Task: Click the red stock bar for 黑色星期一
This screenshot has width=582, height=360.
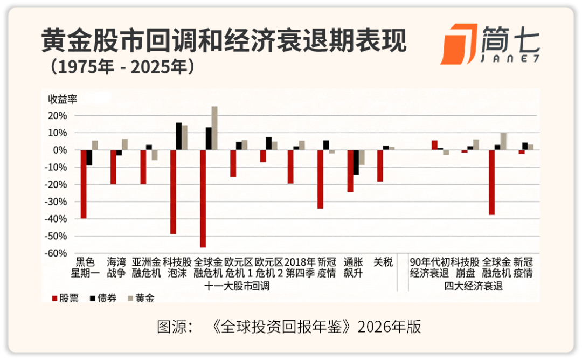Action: click(84, 184)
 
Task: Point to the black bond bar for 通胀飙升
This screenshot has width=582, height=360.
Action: click(356, 162)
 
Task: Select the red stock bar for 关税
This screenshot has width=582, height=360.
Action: click(380, 165)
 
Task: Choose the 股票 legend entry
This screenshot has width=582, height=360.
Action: click(65, 298)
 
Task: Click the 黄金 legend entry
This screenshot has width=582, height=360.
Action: click(141, 298)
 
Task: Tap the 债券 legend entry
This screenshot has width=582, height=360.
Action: click(103, 298)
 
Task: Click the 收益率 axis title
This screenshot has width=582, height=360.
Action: click(64, 100)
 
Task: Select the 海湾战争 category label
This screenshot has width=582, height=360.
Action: click(116, 267)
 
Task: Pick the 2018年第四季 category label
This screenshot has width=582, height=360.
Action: click(300, 267)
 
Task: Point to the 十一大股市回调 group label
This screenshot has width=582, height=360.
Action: click(237, 287)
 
